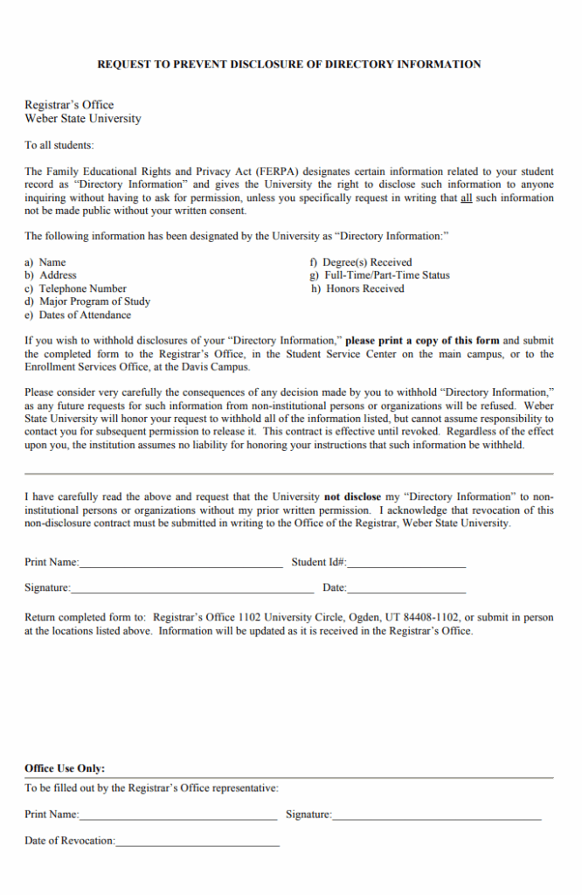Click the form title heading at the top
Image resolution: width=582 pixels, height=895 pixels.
pyautogui.click(x=288, y=65)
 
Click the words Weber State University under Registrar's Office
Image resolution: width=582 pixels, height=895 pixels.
pyautogui.click(x=82, y=118)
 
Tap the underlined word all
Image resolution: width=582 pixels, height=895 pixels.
pyautogui.click(x=466, y=198)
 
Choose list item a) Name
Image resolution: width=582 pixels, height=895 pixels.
pyautogui.click(x=45, y=262)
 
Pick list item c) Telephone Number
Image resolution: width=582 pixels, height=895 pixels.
pyautogui.click(x=75, y=288)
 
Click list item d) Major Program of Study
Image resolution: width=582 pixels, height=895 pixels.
pyautogui.click(x=87, y=302)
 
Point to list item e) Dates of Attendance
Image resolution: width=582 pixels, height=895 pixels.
pyautogui.click(x=78, y=316)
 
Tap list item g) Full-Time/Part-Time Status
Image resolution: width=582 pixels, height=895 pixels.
pyautogui.click(x=380, y=275)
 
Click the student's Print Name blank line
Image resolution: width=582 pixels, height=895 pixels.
pyautogui.click(x=181, y=565)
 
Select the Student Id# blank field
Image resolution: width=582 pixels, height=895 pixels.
pyautogui.click(x=406, y=565)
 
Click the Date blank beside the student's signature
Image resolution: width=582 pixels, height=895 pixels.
pyautogui.click(x=406, y=590)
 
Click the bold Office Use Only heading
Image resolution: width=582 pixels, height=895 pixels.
pyautogui.click(x=65, y=768)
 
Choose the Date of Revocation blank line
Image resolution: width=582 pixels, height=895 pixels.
pyautogui.click(x=197, y=843)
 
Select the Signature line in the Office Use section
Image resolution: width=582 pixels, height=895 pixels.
pyautogui.click(x=437, y=816)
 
